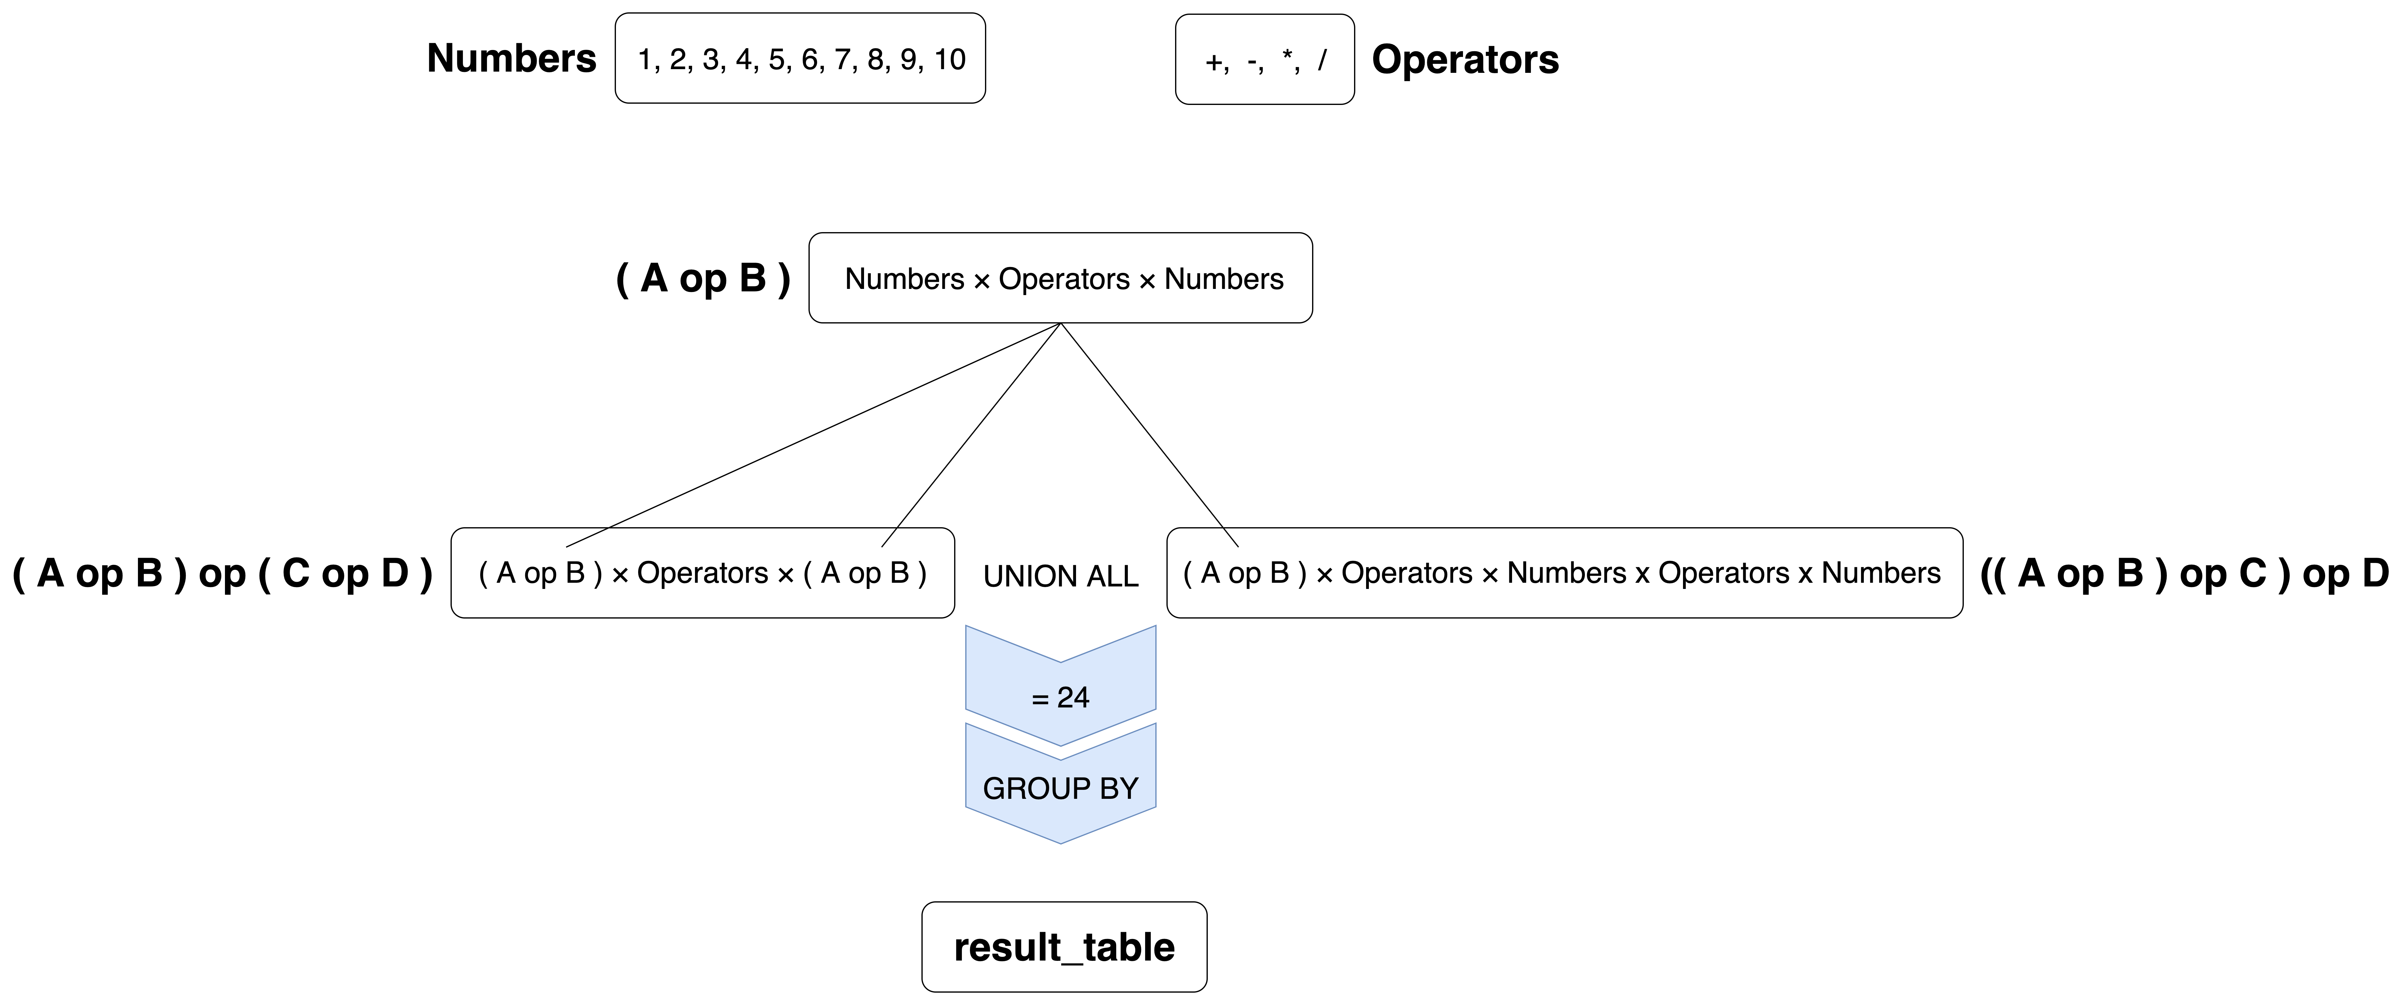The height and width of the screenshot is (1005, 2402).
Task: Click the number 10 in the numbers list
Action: pyautogui.click(x=949, y=60)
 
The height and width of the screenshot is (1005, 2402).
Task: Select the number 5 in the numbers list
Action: pyautogui.click(x=776, y=60)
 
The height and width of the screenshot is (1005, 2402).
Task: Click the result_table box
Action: pyautogui.click(x=1064, y=946)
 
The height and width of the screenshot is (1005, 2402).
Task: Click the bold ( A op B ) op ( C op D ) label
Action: pyautogui.click(x=222, y=573)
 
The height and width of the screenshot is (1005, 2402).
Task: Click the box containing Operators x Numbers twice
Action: pyautogui.click(x=1565, y=573)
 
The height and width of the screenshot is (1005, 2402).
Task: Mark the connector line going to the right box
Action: pyautogui.click(x=1150, y=435)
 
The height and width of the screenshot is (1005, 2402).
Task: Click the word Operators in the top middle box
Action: pyautogui.click(x=1064, y=279)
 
